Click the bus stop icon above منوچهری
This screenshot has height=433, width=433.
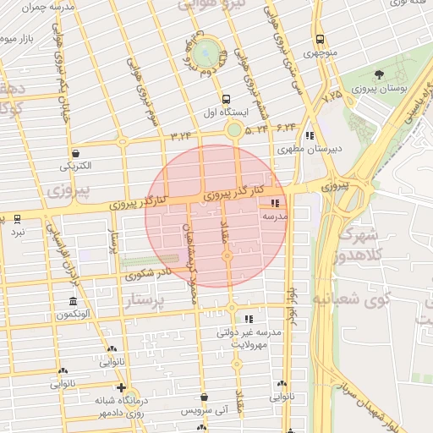pos(320,39)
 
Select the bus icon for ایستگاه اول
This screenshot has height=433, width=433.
pos(226,99)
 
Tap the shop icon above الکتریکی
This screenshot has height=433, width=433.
pos(77,154)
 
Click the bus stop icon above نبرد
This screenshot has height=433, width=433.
pos(17,218)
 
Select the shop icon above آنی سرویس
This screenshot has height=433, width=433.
pos(204,397)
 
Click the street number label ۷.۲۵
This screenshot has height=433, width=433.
pos(332,96)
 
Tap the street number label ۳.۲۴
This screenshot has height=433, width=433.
pos(181,134)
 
